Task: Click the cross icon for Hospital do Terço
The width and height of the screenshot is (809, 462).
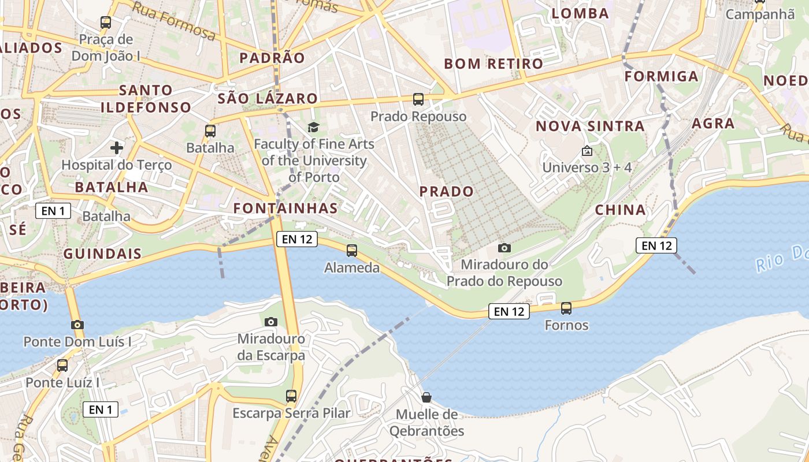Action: [117, 148]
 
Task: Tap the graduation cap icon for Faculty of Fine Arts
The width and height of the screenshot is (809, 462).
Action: [313, 128]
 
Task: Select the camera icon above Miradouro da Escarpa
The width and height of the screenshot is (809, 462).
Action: [270, 322]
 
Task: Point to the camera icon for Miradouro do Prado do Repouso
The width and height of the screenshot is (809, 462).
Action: [504, 248]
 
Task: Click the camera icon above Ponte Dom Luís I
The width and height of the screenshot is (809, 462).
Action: [77, 325]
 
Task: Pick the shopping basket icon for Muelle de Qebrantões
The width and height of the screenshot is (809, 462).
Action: [426, 397]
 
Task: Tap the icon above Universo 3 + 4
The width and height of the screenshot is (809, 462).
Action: [587, 151]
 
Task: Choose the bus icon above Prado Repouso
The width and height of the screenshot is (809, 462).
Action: [418, 99]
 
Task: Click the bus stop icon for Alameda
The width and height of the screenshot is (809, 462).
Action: [351, 251]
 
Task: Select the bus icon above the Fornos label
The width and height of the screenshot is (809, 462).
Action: [566, 308]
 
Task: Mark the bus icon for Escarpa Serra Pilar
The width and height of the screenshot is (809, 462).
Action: [291, 396]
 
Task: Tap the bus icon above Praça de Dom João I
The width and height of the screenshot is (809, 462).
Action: [106, 23]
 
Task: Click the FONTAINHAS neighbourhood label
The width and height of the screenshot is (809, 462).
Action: [285, 208]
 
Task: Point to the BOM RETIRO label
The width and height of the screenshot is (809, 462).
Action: [493, 64]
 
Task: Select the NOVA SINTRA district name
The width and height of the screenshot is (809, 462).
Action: [590, 126]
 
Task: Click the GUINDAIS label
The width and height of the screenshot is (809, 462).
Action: [102, 254]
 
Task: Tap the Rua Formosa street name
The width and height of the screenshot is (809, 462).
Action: [173, 21]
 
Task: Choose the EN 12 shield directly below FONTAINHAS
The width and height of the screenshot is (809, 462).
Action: [297, 239]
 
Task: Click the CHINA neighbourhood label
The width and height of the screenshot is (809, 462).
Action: [620, 210]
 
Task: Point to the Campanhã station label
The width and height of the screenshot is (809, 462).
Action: [760, 14]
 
